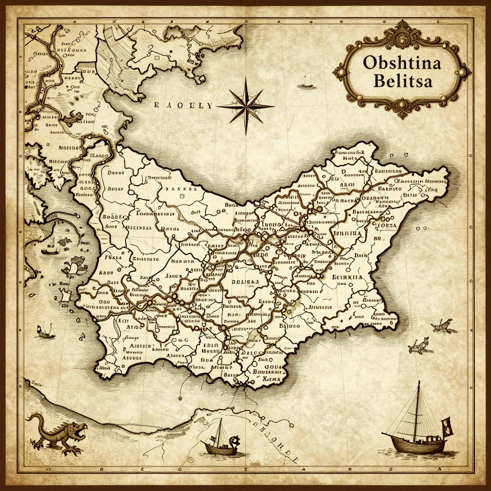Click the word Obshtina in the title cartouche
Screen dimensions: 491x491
click(x=402, y=63)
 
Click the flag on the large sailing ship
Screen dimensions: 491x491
click(x=447, y=426)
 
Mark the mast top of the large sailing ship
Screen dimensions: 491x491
click(x=418, y=383)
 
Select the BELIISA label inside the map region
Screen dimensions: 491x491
click(x=245, y=282)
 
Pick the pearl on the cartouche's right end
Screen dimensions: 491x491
click(x=463, y=72)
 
